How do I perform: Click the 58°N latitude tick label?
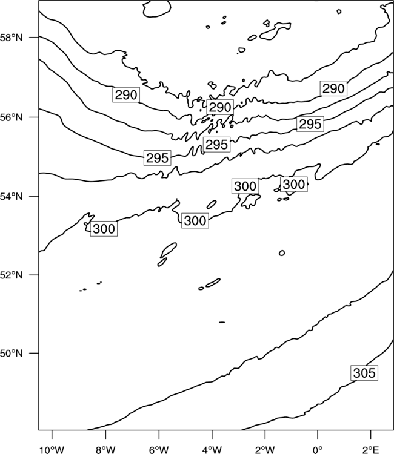click(12, 38)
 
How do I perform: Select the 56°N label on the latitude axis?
click(12, 117)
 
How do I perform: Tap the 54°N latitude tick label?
click(12, 196)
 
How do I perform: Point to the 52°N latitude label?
click(12, 275)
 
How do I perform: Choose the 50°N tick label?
click(12, 354)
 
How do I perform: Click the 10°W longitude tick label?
click(52, 450)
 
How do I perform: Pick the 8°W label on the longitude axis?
click(105, 450)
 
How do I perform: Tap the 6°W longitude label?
click(159, 450)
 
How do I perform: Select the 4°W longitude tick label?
click(212, 450)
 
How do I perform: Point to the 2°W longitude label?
click(265, 450)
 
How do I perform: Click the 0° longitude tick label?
click(318, 450)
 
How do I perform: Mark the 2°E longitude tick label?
click(371, 450)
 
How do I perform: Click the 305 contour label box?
click(364, 373)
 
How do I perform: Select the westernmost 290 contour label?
click(126, 94)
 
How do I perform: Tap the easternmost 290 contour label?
click(334, 88)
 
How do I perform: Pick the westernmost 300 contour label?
click(104, 229)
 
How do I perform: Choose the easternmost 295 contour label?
click(310, 124)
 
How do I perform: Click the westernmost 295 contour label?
click(158, 158)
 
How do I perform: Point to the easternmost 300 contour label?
click(294, 184)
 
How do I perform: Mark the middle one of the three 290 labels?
click(220, 107)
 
